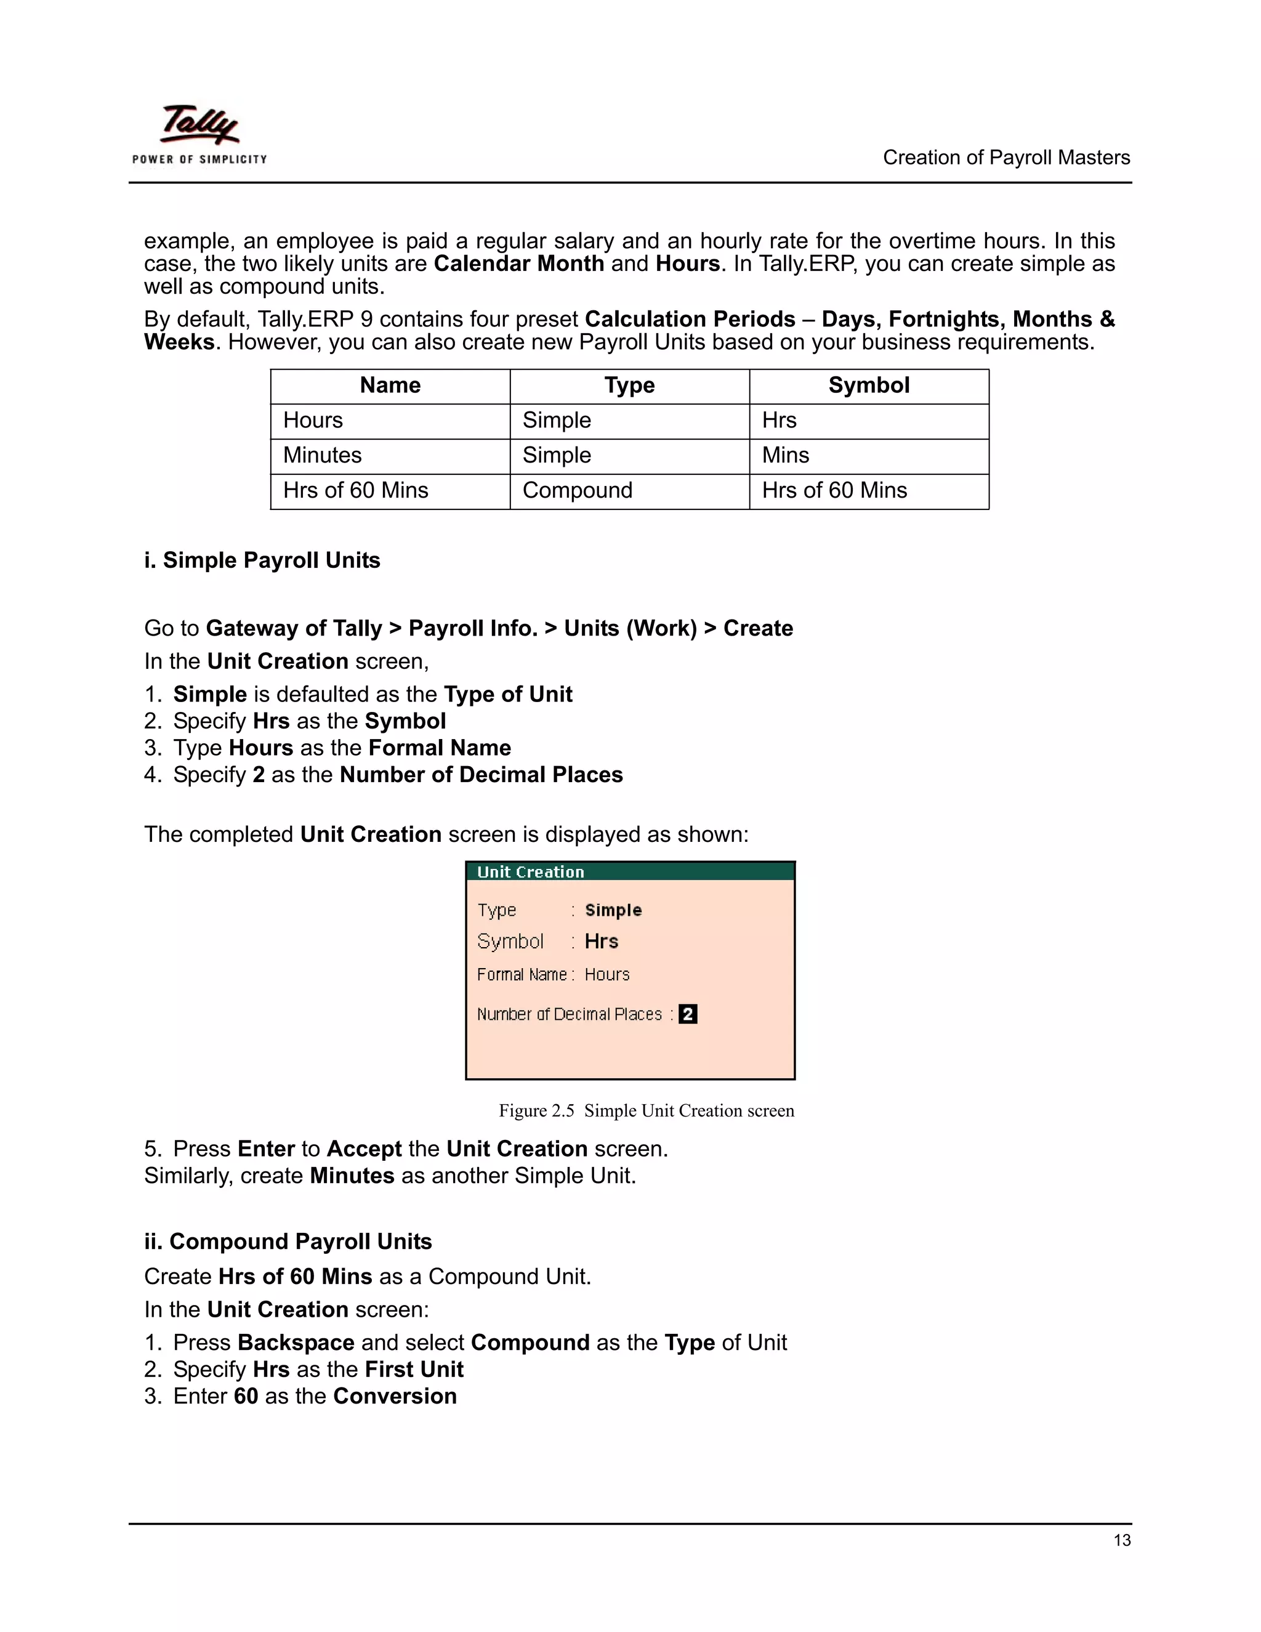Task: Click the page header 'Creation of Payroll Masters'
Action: tap(1005, 158)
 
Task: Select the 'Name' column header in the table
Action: tap(390, 386)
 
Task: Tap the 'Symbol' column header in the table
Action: tap(868, 386)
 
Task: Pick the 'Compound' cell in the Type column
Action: tap(577, 490)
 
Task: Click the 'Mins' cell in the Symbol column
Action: tap(785, 455)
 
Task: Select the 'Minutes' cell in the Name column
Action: tap(322, 455)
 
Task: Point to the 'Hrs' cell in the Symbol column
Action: tap(779, 420)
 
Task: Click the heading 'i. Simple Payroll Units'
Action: tap(262, 560)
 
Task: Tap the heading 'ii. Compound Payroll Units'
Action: tap(288, 1241)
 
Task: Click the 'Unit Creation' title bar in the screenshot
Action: tap(629, 871)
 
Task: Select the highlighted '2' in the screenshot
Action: tap(687, 1014)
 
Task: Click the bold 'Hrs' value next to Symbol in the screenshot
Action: tap(602, 942)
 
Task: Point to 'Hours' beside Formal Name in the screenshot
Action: tap(606, 974)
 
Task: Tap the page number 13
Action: tap(1121, 1540)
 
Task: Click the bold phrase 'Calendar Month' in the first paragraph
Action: tap(518, 264)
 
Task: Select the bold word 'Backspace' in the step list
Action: tap(296, 1342)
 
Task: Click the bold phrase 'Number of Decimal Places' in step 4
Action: tap(481, 775)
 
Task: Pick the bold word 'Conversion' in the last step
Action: tap(395, 1396)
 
